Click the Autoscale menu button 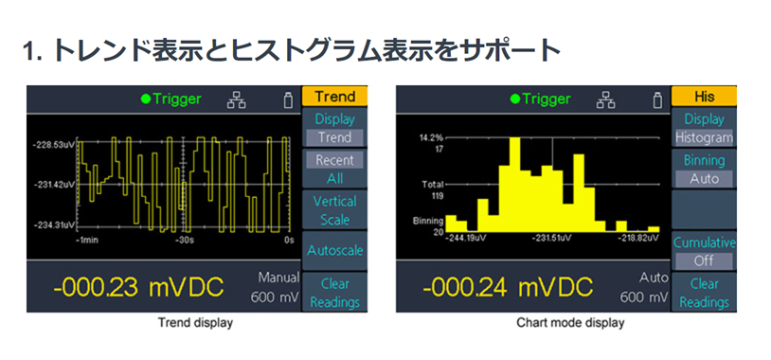[x=334, y=251]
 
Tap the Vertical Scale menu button [x=334, y=210]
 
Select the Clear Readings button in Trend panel [x=334, y=293]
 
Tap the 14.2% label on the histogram [x=433, y=137]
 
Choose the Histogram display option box [x=704, y=137]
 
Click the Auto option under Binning [x=704, y=178]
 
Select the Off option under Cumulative [x=704, y=260]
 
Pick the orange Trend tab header [x=334, y=96]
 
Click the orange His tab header [x=704, y=96]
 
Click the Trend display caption [x=195, y=323]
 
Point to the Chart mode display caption [x=570, y=323]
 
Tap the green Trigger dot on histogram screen [x=515, y=99]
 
